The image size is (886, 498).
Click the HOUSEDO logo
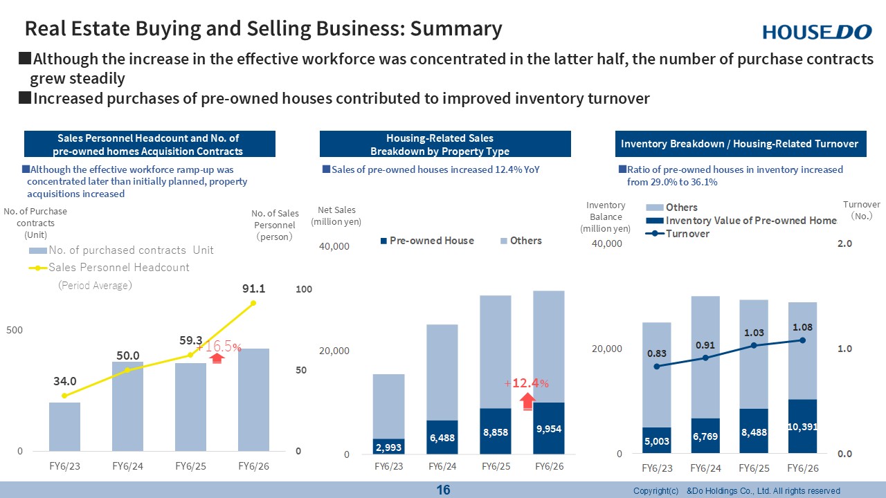point(817,32)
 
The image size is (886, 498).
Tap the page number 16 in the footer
point(443,490)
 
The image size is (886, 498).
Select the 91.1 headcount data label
point(253,288)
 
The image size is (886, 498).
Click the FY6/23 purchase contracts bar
point(64,427)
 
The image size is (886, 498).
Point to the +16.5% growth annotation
point(219,347)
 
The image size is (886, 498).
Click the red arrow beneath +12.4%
point(527,401)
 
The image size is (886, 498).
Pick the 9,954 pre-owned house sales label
point(549,429)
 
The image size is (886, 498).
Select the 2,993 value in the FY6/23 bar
point(388,448)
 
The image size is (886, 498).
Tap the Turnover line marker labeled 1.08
point(802,340)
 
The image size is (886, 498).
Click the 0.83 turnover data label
point(657,353)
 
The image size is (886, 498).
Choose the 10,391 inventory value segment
point(802,426)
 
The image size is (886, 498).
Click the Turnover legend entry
point(677,234)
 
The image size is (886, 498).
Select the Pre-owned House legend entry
point(427,241)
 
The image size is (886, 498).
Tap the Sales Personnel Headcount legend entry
point(109,268)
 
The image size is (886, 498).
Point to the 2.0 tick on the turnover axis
point(844,243)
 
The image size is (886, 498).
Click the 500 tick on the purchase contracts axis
point(15,330)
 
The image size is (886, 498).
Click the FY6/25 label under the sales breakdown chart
point(496,466)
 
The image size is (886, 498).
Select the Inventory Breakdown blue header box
point(741,144)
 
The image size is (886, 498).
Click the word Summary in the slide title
point(456,28)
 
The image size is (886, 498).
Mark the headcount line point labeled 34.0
point(64,396)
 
